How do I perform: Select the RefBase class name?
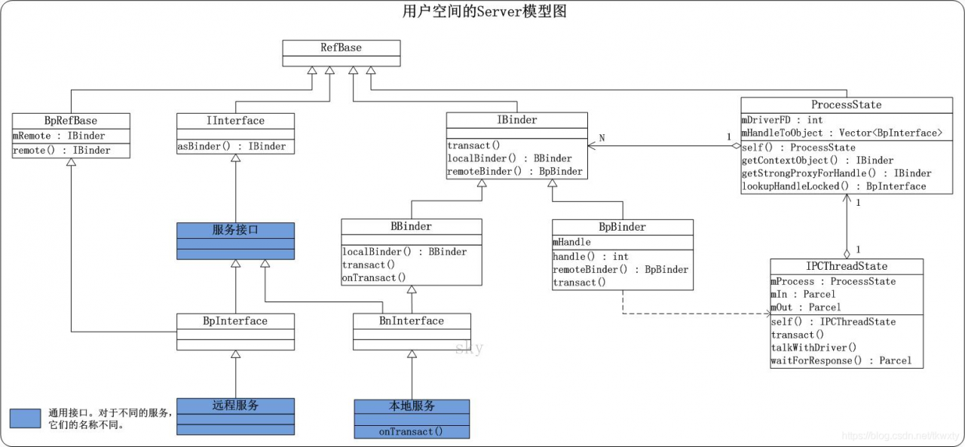click(341, 47)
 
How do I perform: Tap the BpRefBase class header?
click(71, 121)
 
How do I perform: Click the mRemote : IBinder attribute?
click(59, 136)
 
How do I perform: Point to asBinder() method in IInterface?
click(231, 146)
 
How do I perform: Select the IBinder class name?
click(516, 120)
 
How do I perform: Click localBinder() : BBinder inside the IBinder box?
click(510, 158)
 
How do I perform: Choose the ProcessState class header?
click(846, 105)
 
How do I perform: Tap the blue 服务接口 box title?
click(235, 230)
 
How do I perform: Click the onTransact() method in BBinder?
click(369, 277)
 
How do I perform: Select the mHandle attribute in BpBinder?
click(571, 242)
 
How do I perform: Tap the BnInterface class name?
click(412, 321)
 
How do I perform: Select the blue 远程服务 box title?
click(235, 406)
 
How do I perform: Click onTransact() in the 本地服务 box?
click(411, 431)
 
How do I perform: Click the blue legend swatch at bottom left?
click(25, 418)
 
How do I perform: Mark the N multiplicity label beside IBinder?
click(602, 138)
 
